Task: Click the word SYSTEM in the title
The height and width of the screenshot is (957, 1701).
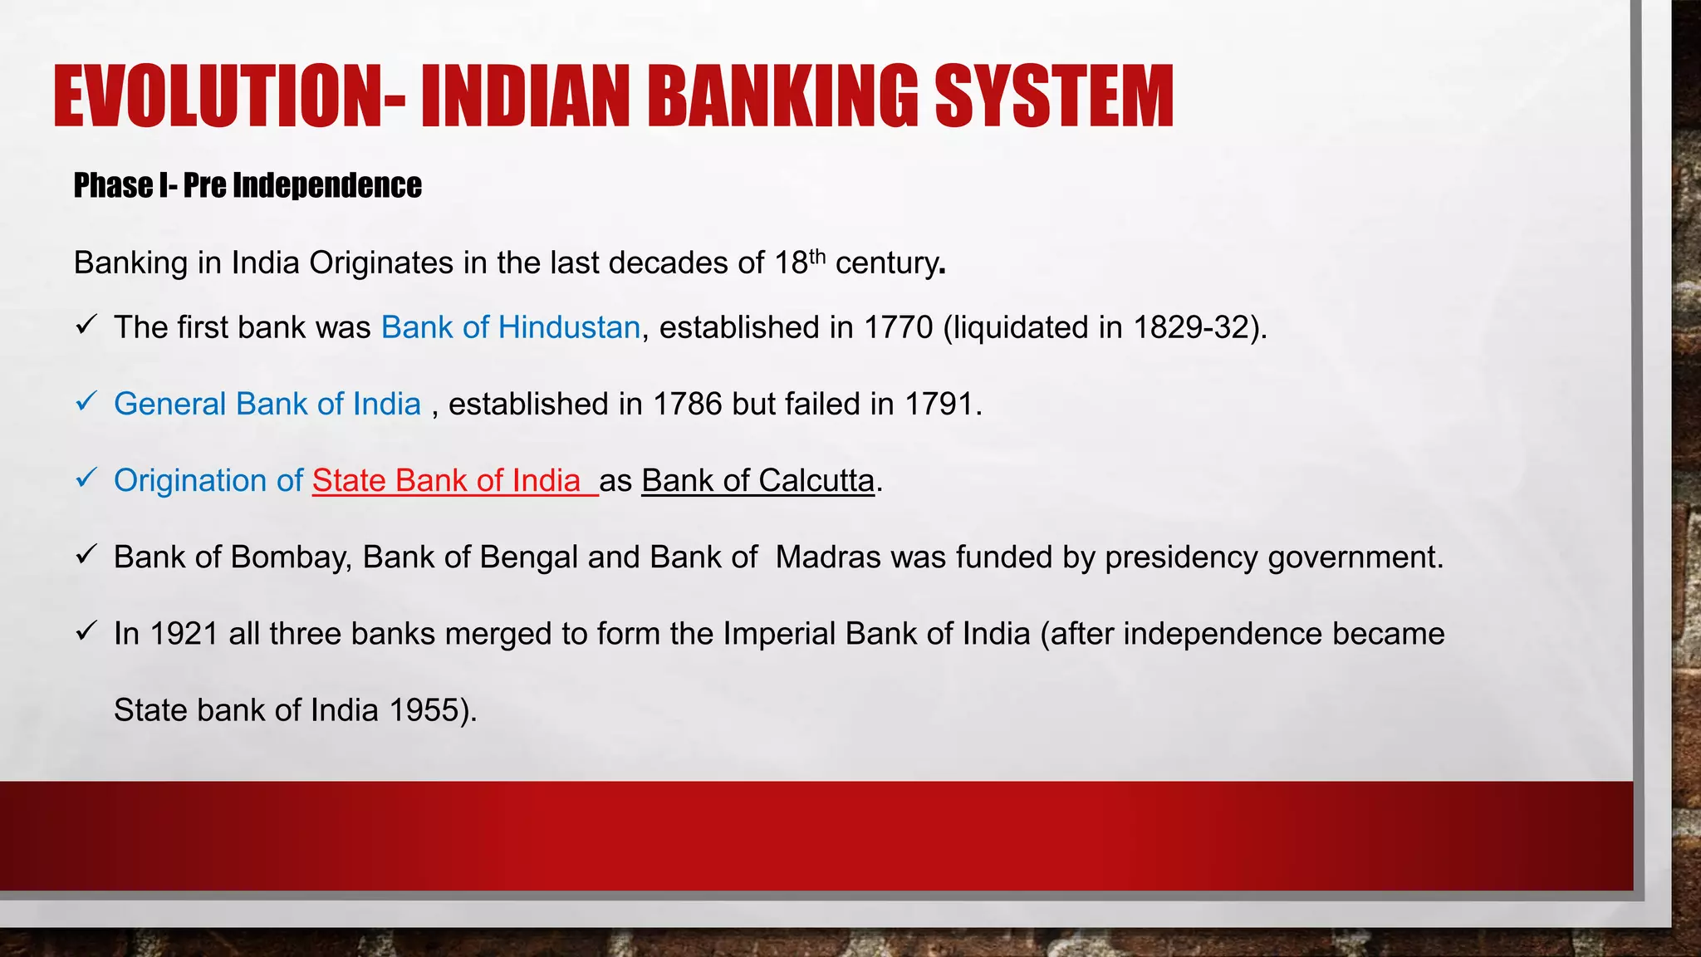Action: pos(1054,96)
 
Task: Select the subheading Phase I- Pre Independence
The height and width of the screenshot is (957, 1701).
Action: pos(248,185)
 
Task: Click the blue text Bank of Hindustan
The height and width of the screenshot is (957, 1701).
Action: pos(511,327)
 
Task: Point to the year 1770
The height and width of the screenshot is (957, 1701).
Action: pos(899,327)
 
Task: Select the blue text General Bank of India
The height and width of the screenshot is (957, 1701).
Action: pos(267,404)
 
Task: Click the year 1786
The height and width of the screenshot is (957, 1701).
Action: pos(688,404)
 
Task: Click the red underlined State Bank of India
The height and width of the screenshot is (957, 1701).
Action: pos(447,481)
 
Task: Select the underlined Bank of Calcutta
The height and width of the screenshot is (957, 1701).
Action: pos(757,481)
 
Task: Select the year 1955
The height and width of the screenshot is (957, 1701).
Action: pos(424,710)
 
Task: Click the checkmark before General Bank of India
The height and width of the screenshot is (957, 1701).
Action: pos(86,401)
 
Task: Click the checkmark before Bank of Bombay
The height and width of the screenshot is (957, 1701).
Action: pos(86,554)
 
